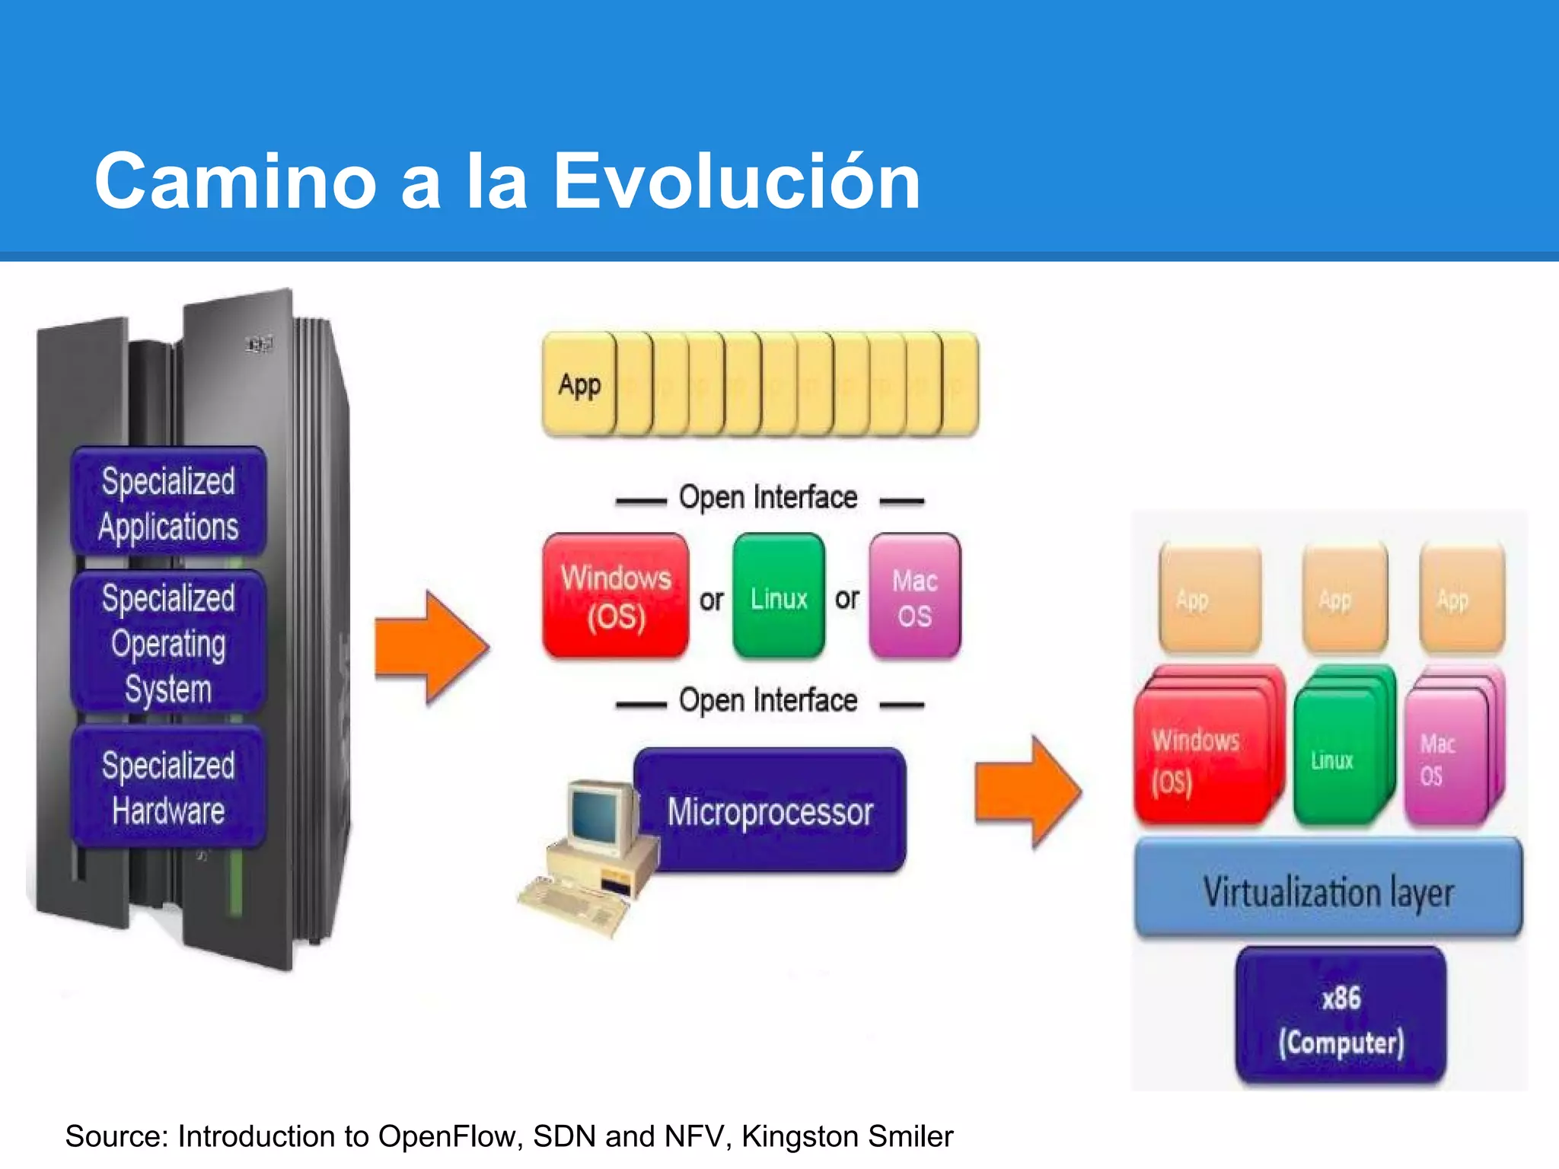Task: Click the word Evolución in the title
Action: coord(736,181)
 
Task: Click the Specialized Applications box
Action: coord(168,502)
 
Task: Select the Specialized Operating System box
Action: coord(168,643)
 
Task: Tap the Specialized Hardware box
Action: coord(168,788)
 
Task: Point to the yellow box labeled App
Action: coord(579,384)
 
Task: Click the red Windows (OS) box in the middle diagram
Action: coord(615,596)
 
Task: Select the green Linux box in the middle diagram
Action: coord(778,596)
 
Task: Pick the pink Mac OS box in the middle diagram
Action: coord(914,596)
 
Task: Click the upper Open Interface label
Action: coord(768,498)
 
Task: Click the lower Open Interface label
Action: coord(768,701)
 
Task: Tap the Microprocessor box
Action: coord(770,811)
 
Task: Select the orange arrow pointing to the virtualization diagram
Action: coord(1028,792)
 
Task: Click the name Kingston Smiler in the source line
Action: coord(846,1136)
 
